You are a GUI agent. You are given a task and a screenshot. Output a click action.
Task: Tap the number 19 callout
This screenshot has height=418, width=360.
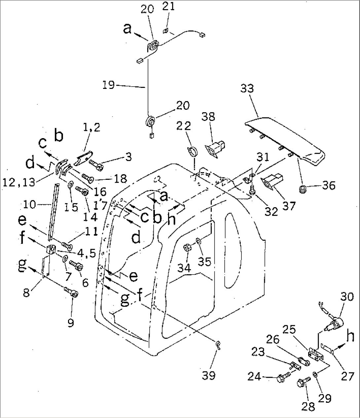[x=109, y=85]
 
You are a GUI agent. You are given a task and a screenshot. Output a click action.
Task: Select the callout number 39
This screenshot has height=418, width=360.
[x=209, y=376]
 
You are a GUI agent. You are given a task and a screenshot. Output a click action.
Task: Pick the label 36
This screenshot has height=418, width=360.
[x=329, y=185]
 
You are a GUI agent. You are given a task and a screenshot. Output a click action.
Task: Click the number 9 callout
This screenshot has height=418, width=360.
[x=71, y=323]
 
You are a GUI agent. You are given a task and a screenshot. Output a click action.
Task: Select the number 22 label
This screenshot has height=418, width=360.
[x=183, y=126]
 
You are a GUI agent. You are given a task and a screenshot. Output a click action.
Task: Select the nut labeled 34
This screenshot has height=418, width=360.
[x=187, y=248]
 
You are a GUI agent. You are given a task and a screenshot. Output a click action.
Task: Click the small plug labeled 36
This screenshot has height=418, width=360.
[x=303, y=190]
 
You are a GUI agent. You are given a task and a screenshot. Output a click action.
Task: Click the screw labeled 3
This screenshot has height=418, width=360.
[x=96, y=165]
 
